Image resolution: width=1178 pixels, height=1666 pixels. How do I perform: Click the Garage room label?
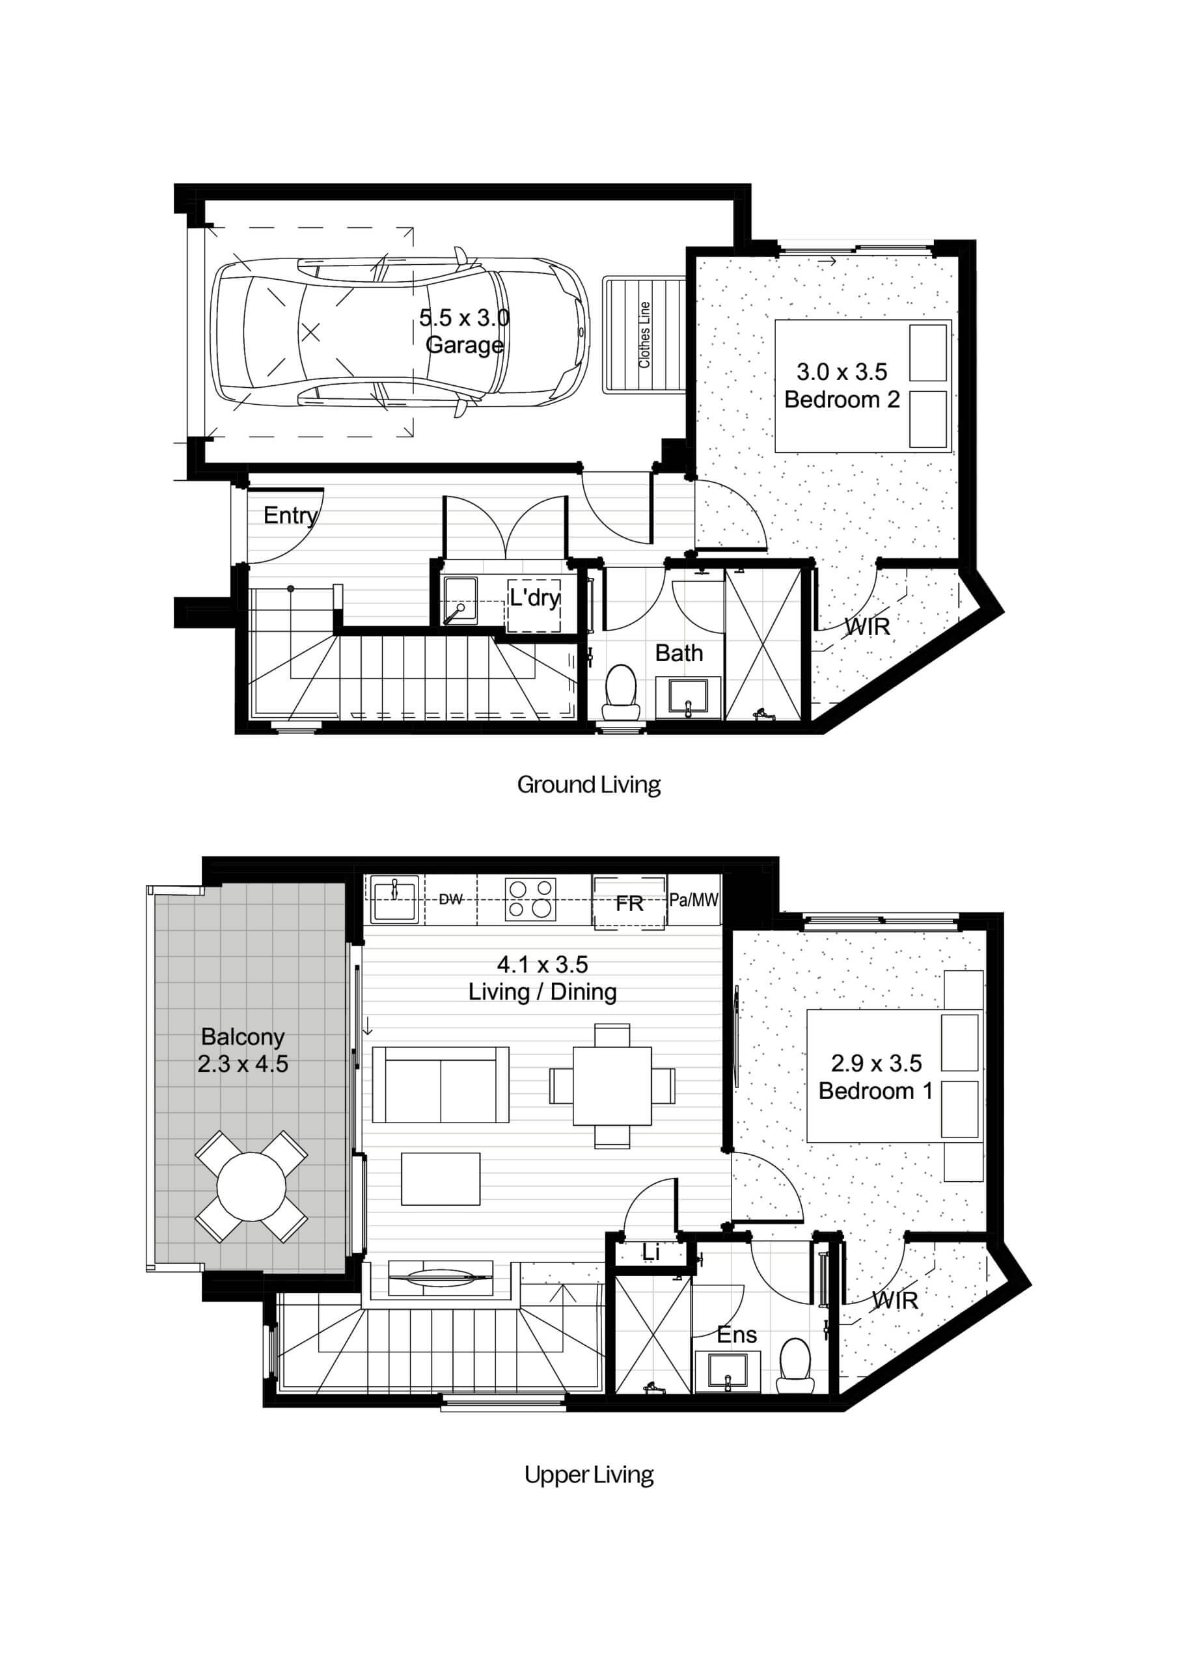pyautogui.click(x=465, y=344)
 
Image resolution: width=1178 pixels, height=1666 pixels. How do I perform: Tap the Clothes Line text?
pyautogui.click(x=644, y=335)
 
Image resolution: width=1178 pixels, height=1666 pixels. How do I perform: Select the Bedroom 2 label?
pyautogui.click(x=842, y=399)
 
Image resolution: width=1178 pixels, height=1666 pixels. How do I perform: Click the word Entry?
pyautogui.click(x=290, y=516)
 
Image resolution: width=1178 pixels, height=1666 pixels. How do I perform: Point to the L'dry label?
pyautogui.click(x=534, y=598)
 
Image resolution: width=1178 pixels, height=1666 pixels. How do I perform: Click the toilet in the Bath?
pyautogui.click(x=621, y=694)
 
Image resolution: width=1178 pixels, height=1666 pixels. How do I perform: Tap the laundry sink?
pyautogui.click(x=460, y=601)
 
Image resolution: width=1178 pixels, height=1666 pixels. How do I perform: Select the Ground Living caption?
pyautogui.click(x=588, y=785)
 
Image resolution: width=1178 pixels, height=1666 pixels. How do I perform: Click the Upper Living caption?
pyautogui.click(x=588, y=1475)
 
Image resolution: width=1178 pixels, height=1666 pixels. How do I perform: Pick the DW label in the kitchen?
pyautogui.click(x=451, y=900)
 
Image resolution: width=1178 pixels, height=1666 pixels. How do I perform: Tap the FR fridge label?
pyautogui.click(x=629, y=903)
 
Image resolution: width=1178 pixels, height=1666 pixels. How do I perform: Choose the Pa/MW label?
pyautogui.click(x=694, y=901)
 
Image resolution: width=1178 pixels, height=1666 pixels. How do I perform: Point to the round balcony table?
pyautogui.click(x=252, y=1187)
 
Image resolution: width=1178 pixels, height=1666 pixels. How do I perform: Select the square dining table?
pyautogui.click(x=612, y=1086)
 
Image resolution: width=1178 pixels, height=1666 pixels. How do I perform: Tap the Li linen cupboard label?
pyautogui.click(x=650, y=1252)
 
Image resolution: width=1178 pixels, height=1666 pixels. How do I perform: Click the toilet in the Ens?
pyautogui.click(x=795, y=1365)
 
